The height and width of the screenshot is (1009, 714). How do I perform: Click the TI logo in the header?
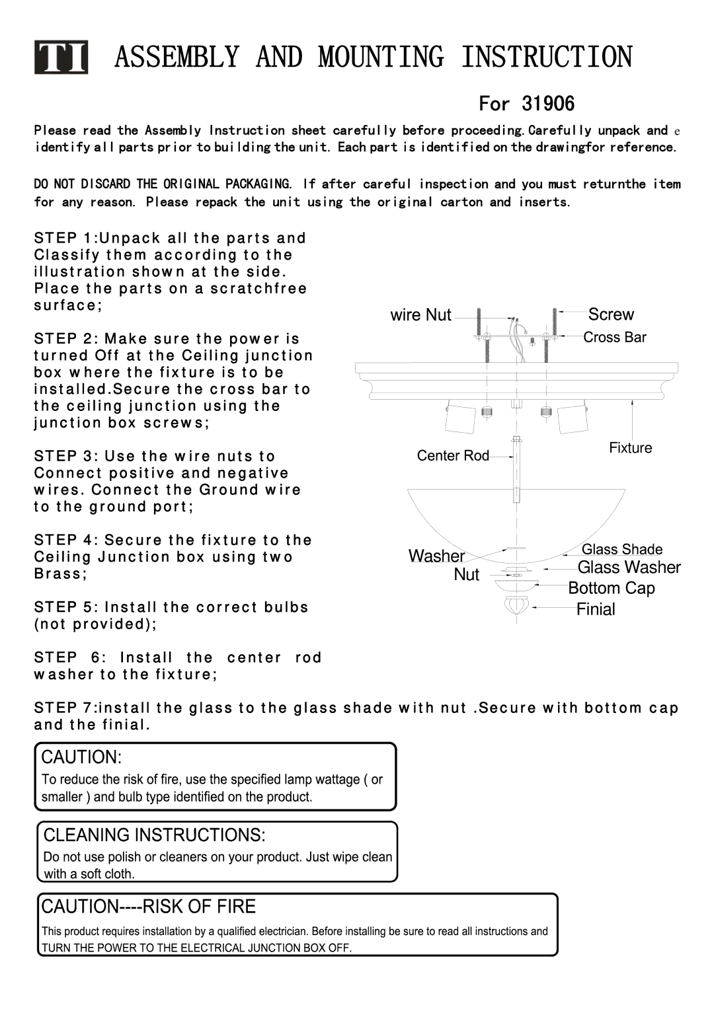click(x=61, y=58)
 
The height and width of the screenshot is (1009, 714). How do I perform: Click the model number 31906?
click(x=548, y=104)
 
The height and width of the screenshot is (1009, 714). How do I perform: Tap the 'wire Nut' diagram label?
click(x=420, y=315)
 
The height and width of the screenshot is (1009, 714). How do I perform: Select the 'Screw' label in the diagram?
click(x=611, y=315)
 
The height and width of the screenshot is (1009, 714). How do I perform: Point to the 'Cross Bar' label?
click(x=614, y=338)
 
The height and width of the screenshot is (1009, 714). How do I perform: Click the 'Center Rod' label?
click(x=453, y=456)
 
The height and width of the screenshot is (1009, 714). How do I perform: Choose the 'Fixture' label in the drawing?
click(x=630, y=448)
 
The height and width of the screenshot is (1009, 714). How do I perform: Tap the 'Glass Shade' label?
click(x=621, y=549)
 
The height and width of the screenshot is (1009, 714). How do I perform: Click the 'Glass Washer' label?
click(x=629, y=568)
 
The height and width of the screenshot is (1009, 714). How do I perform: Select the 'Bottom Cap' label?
click(x=612, y=588)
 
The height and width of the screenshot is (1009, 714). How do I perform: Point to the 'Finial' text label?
click(x=596, y=609)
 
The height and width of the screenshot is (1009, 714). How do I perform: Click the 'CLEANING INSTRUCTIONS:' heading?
click(x=154, y=835)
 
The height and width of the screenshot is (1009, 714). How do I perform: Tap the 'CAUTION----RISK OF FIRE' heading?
click(x=149, y=907)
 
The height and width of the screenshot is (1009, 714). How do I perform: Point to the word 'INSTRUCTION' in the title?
click(x=546, y=57)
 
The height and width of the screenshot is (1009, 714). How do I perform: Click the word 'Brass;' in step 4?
click(x=60, y=574)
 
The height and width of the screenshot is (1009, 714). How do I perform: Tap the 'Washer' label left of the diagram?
click(x=436, y=556)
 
